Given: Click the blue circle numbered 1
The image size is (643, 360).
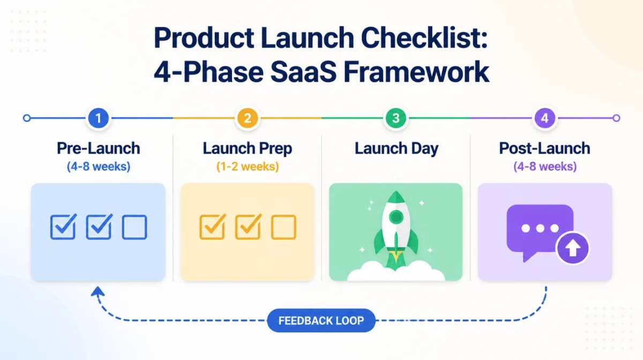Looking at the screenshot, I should (98, 118).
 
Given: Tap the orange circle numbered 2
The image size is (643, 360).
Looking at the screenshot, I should (247, 118).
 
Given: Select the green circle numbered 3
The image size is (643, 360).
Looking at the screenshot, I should (396, 118).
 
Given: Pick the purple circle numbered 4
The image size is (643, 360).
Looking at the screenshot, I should (545, 118).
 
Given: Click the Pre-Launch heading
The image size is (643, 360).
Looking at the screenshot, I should (98, 148).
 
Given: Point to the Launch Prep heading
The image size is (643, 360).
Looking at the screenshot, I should (247, 148).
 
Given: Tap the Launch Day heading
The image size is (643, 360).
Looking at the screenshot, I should (396, 148).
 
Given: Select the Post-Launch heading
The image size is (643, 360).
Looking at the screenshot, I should (544, 148).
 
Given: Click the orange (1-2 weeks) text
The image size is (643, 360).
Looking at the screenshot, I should (247, 167).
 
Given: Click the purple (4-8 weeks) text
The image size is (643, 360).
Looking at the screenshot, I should (544, 167).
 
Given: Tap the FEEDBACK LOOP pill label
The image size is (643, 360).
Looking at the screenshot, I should (321, 321).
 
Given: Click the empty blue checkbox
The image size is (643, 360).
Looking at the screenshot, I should (134, 227).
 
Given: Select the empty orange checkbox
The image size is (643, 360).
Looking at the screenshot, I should (283, 227).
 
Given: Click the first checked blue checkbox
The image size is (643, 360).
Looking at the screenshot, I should (63, 227).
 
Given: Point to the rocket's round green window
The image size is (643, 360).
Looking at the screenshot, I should (395, 217).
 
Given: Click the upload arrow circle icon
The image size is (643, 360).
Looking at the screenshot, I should (572, 249).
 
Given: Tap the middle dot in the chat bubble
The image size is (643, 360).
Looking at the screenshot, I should (540, 228).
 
